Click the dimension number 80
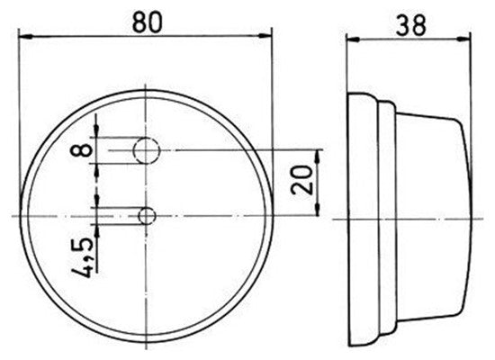click(x=147, y=22)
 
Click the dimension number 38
click(x=411, y=25)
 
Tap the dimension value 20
click(x=302, y=179)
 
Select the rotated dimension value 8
click(x=81, y=150)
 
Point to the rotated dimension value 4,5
click(x=83, y=257)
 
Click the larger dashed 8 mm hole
click(x=147, y=150)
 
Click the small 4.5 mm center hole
click(x=147, y=216)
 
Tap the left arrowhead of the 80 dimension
click(x=25, y=37)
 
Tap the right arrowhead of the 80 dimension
click(x=265, y=36)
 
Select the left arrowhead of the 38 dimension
click(x=353, y=40)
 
